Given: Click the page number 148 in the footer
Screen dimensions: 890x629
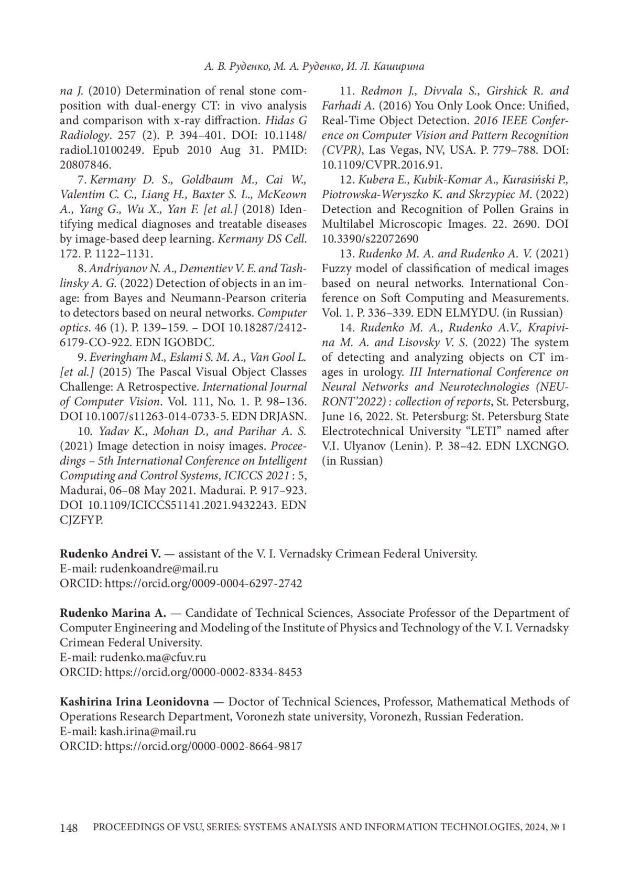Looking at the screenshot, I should [x=69, y=828].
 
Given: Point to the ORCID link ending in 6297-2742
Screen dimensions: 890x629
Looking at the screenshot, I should [x=203, y=583].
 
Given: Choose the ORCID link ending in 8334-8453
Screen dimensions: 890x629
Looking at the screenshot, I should [x=203, y=672].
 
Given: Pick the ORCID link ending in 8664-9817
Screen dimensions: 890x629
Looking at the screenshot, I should [x=203, y=746].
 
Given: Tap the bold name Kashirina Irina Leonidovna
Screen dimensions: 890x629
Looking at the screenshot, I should [x=134, y=702].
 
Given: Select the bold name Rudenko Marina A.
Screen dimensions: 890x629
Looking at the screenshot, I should [x=113, y=613].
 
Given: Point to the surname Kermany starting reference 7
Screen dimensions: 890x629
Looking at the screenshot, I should [x=112, y=180].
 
